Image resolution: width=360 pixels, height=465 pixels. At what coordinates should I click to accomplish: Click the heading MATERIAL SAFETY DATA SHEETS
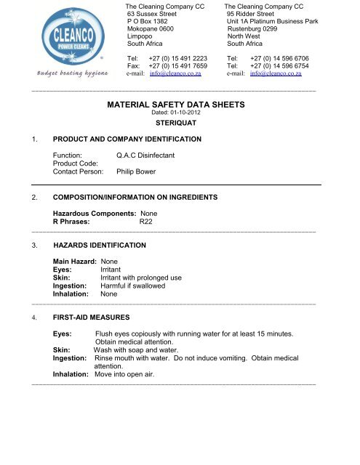click(177, 105)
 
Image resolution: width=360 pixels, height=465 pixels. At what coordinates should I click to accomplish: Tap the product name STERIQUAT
click(177, 124)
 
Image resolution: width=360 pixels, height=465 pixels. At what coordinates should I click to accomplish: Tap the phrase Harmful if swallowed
click(133, 286)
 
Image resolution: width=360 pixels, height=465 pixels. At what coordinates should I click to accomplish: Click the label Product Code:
click(79, 163)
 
